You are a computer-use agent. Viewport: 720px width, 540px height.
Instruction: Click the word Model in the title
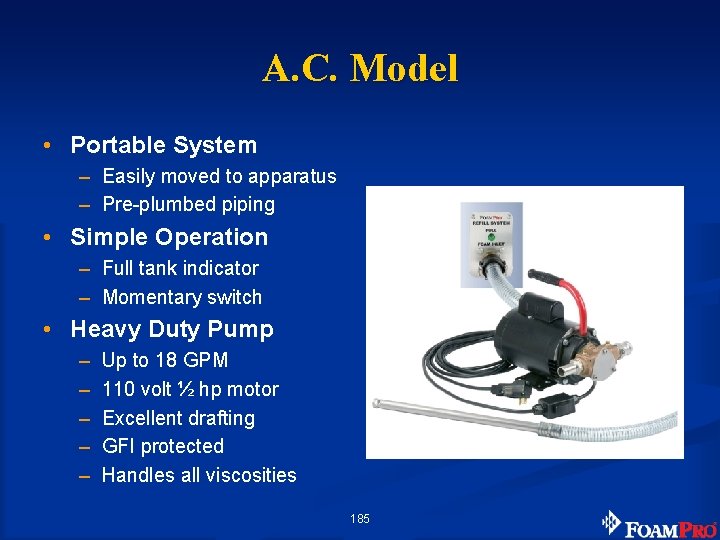405,68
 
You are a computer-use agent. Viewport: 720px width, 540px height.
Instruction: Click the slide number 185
360,518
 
